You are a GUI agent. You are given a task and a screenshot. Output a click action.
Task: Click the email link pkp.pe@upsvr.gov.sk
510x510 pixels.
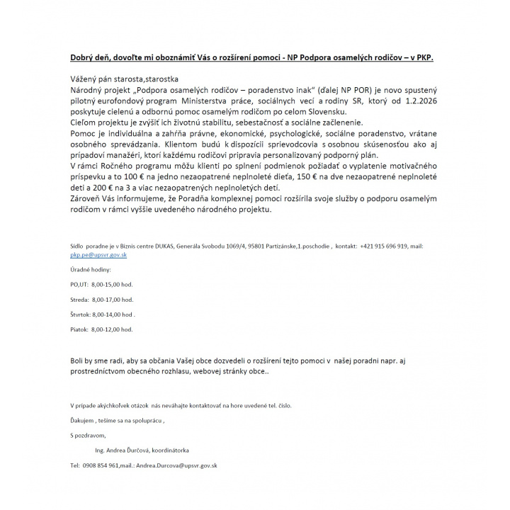(x=98, y=254)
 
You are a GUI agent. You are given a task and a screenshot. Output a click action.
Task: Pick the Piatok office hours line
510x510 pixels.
(x=101, y=329)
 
